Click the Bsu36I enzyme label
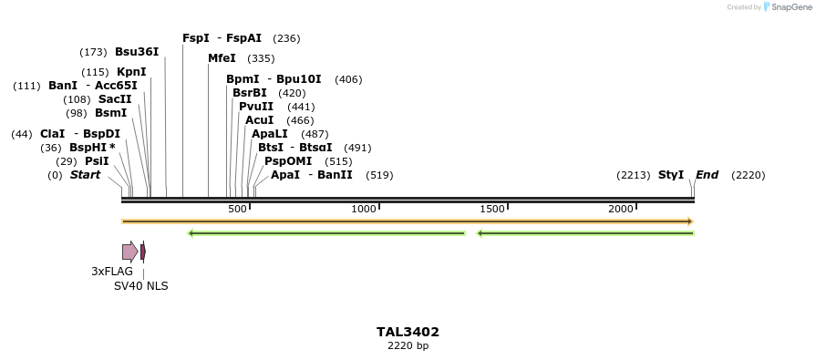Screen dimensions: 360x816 (137, 52)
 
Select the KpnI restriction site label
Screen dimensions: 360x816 (131, 72)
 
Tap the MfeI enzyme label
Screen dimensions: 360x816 (222, 58)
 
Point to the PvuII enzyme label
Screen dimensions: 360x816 (256, 107)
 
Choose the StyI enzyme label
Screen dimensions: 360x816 (671, 175)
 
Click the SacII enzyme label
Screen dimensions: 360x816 (115, 99)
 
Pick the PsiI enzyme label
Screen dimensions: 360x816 (97, 161)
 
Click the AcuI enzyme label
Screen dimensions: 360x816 (260, 120)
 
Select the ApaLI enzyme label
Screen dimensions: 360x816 (271, 134)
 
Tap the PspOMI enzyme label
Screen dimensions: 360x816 (281, 161)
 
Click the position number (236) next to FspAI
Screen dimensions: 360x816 (286, 38)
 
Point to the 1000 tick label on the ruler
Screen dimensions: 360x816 (364, 210)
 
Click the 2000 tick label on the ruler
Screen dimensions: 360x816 (621, 210)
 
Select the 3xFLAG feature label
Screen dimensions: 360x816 (112, 272)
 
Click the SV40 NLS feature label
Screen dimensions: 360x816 (140, 286)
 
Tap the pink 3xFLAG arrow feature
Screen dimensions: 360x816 (130, 252)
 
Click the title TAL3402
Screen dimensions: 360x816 (408, 332)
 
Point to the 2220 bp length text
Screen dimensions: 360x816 (408, 346)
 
